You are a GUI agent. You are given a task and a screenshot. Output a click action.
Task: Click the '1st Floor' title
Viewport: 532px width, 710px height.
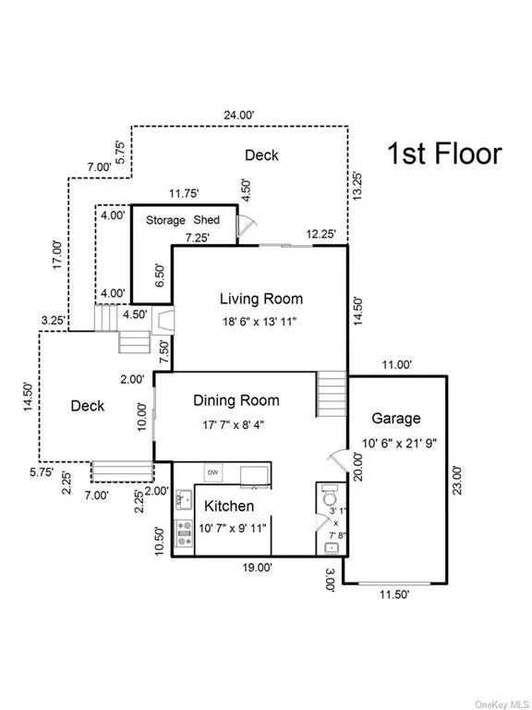point(443,153)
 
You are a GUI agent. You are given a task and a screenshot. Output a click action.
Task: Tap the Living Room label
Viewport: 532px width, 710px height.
point(260,299)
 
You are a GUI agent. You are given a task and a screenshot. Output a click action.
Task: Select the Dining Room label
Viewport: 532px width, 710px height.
point(248,400)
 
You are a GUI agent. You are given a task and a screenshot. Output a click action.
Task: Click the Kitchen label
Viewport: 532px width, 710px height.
point(229,506)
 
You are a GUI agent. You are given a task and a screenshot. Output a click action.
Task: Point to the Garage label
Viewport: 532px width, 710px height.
point(395,418)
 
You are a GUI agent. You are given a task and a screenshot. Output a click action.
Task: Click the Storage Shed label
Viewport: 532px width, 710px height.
point(183,220)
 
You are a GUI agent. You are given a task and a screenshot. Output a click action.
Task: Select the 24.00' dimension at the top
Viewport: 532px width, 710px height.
point(237,116)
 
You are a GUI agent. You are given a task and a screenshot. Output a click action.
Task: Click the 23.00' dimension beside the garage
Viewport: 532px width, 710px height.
point(455,481)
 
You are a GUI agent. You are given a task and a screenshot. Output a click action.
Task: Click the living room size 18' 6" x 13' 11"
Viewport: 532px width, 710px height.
point(260,322)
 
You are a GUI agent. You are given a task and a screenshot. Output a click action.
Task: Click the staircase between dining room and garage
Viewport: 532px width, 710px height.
point(332,394)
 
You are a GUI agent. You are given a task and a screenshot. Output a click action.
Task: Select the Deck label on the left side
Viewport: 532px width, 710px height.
point(88,406)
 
